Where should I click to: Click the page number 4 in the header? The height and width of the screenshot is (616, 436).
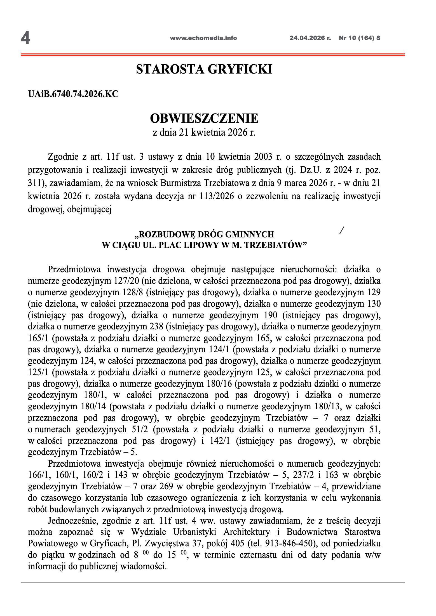tap(25, 38)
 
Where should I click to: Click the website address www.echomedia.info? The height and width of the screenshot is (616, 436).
tap(203, 38)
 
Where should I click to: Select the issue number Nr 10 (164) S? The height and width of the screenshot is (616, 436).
tap(359, 38)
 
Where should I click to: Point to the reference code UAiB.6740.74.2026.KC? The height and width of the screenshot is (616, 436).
tap(73, 94)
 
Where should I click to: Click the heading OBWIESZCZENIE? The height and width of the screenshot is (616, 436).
tap(204, 118)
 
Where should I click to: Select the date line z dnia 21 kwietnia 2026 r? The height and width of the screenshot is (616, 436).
tap(204, 132)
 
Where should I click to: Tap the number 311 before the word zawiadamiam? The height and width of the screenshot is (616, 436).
tap(34, 183)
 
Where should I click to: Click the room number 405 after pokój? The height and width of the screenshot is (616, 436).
tap(238, 544)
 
